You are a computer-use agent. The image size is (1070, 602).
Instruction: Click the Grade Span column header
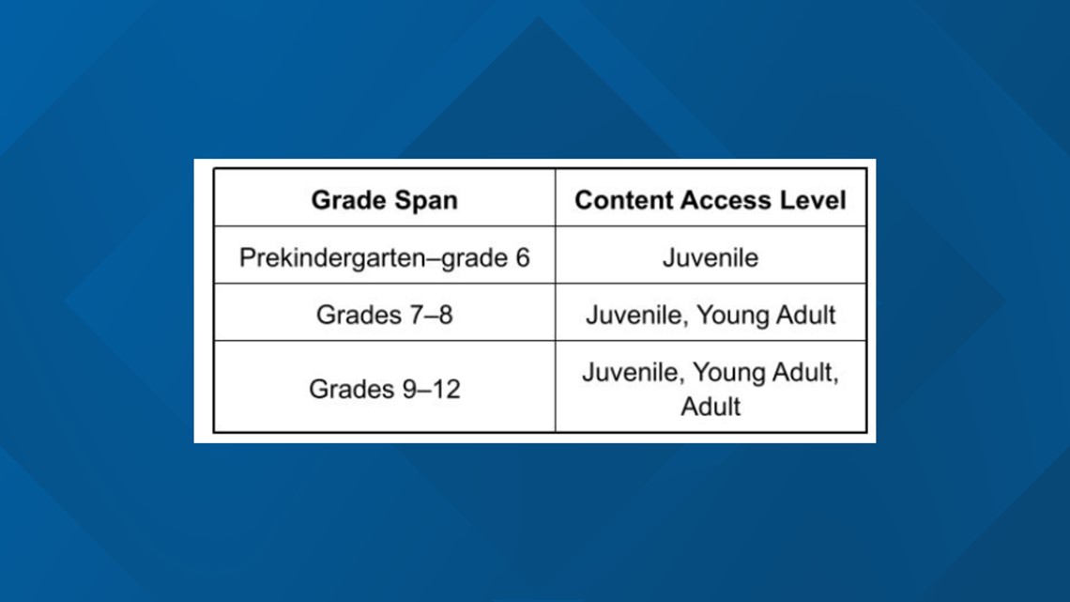384,200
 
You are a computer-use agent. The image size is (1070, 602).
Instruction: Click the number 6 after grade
523,258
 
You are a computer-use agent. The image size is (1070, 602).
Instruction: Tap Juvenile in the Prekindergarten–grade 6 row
711,258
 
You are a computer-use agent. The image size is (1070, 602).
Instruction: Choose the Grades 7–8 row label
384,315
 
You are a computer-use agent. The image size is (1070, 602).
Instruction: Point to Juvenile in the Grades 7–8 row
634,316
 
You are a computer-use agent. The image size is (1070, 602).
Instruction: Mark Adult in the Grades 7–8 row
802,315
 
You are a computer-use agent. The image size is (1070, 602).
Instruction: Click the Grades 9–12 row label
384,389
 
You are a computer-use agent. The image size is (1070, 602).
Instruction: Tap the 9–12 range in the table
431,389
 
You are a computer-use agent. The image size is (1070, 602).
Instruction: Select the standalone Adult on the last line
711,407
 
